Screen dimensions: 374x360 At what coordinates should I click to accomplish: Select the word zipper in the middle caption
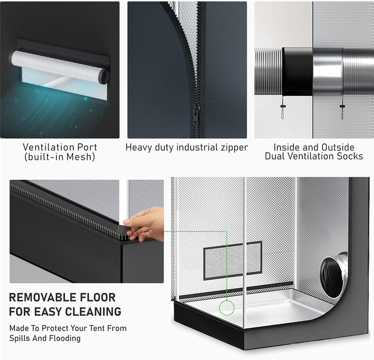point(234,148)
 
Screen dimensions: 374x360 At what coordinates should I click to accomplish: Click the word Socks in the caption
point(350,156)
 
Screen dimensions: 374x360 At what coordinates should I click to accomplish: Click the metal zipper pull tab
point(196,114)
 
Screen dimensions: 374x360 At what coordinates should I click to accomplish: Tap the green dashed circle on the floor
point(227,308)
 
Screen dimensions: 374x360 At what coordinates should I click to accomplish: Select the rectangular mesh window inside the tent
point(233,260)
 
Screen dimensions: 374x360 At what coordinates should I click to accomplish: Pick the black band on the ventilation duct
point(298,71)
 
